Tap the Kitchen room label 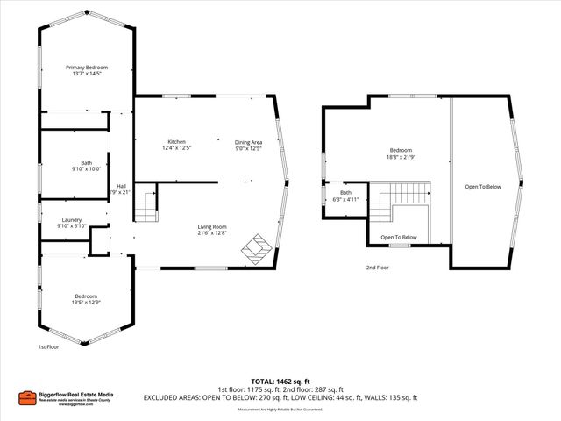(176, 145)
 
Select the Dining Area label (248, 145)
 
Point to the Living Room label (211, 230)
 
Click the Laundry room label (72, 223)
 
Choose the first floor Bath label (85, 165)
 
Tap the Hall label (121, 189)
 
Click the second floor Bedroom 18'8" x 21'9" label (400, 153)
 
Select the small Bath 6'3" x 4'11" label (345, 196)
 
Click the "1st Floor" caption (48, 347)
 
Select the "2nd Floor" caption (379, 268)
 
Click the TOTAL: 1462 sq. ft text (280, 382)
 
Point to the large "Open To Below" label (483, 186)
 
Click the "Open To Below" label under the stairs (399, 238)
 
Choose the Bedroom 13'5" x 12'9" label (86, 299)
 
